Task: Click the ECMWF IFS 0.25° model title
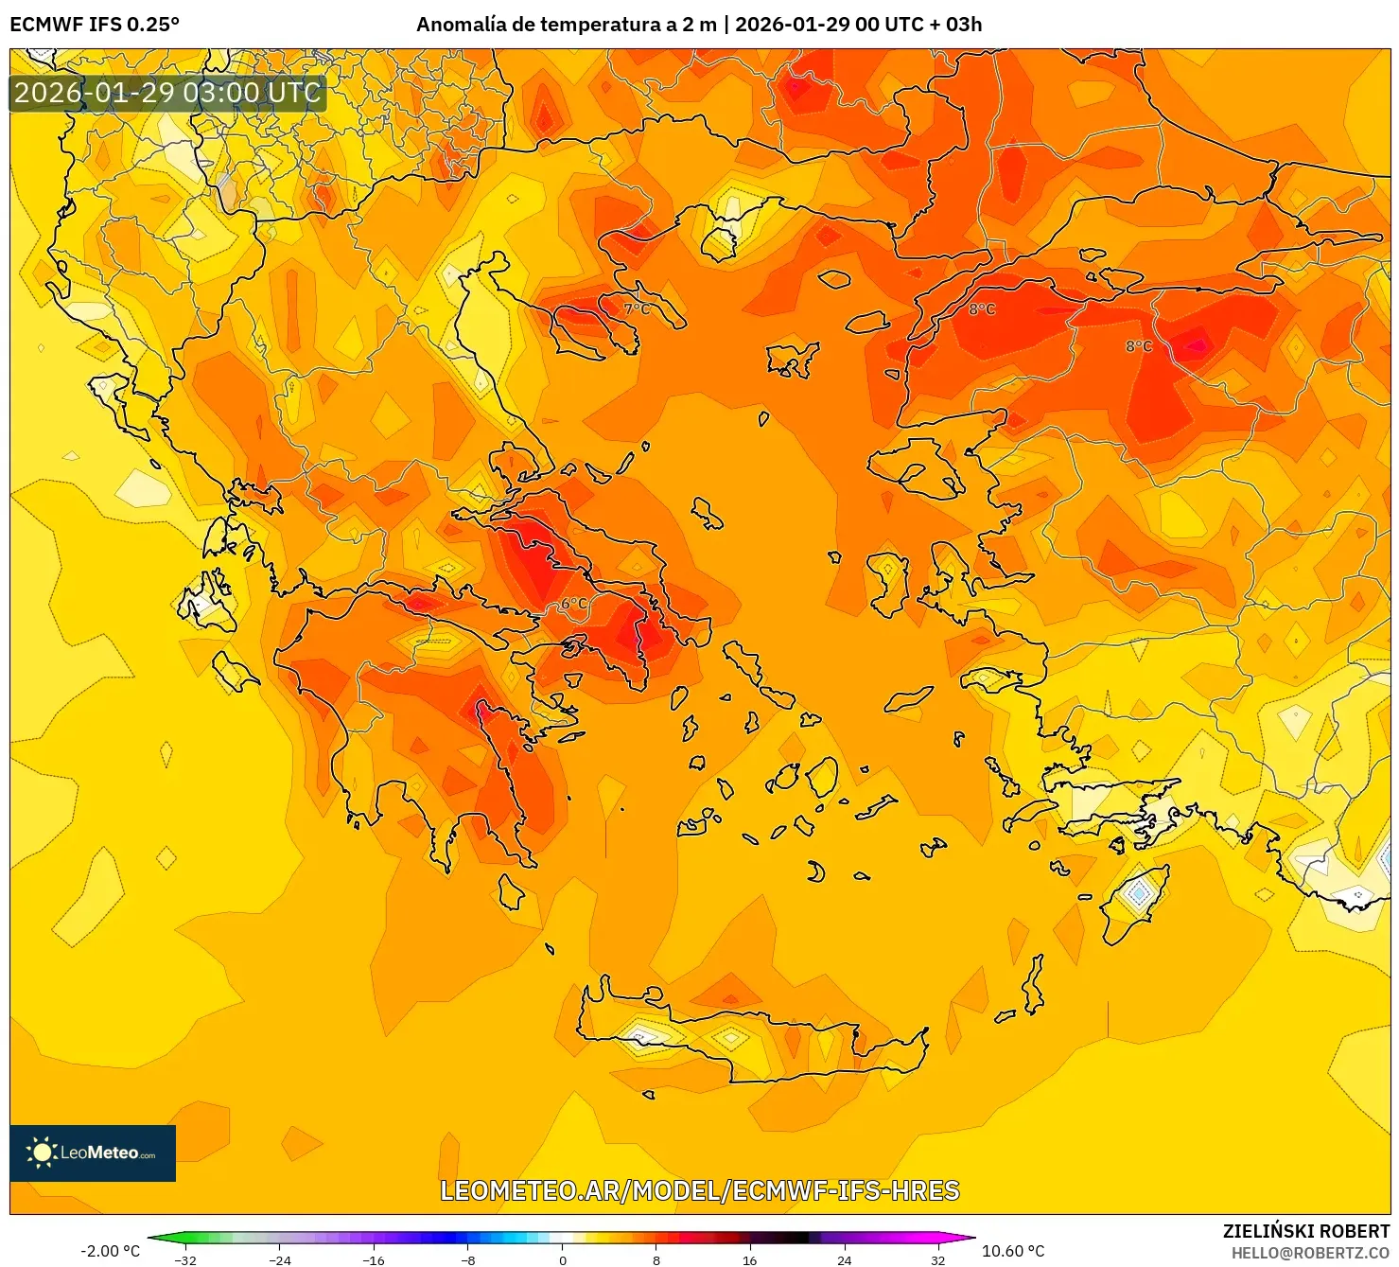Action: [x=95, y=25]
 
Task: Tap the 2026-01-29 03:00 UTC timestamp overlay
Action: [x=167, y=93]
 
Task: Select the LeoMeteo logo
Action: [x=93, y=1153]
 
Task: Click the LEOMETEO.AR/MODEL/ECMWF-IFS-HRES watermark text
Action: [x=700, y=1190]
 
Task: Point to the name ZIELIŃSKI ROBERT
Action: [x=1305, y=1231]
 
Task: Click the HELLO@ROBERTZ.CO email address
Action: [x=1310, y=1253]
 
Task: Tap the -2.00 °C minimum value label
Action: [x=110, y=1251]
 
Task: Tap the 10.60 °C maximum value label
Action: [x=1013, y=1251]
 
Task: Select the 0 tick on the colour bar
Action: [x=563, y=1259]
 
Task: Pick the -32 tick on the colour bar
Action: [x=186, y=1259]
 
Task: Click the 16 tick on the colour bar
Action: [x=750, y=1259]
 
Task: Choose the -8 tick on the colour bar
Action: [x=468, y=1259]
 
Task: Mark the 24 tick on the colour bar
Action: [x=844, y=1259]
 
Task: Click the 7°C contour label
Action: [x=637, y=308]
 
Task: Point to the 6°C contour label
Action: [x=574, y=604]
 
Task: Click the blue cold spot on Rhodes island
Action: [x=1139, y=892]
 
